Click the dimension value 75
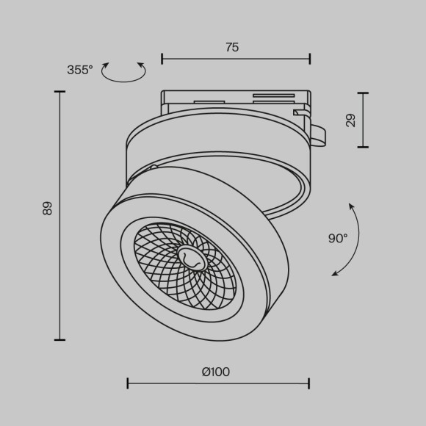tap(232, 48)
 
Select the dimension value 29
tap(351, 120)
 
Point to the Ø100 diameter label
tap(216, 372)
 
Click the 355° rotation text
tap(79, 71)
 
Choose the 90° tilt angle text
tap(338, 239)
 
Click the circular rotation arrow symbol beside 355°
tap(123, 71)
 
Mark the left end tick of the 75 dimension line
tap(162, 58)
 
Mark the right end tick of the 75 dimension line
tap(310, 58)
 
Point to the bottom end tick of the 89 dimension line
tap(59, 339)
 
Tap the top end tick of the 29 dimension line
tap(363, 93)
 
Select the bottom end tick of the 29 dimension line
tap(363, 147)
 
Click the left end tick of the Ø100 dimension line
tap(128, 383)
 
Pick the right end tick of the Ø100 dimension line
tap(308, 383)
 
